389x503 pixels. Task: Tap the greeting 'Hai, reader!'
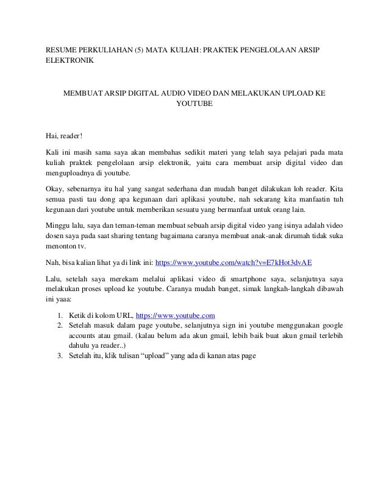pos(65,135)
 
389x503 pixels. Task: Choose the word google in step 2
pos(330,326)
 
